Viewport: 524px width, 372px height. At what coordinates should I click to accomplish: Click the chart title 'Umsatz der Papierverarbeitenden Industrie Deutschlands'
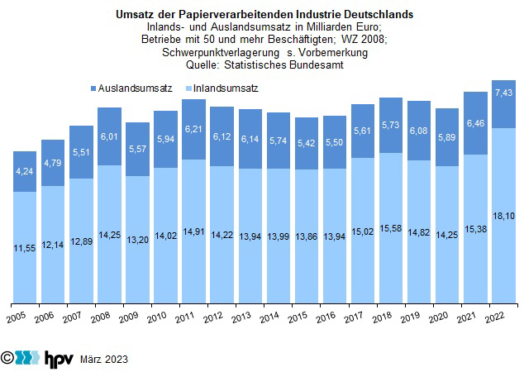pos(261,15)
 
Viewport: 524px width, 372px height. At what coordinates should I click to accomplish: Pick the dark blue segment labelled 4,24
pos(25,172)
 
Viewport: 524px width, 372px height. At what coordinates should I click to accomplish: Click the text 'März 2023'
pos(104,360)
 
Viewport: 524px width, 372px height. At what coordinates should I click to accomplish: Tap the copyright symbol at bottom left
pos(8,359)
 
